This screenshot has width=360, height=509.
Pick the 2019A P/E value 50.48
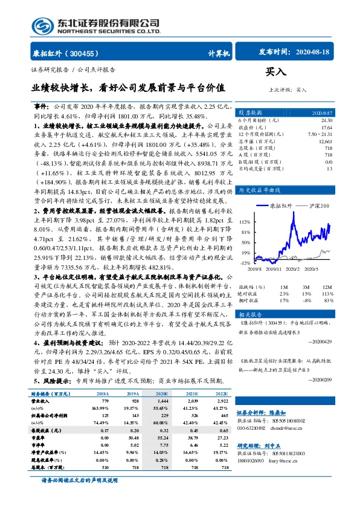132,436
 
